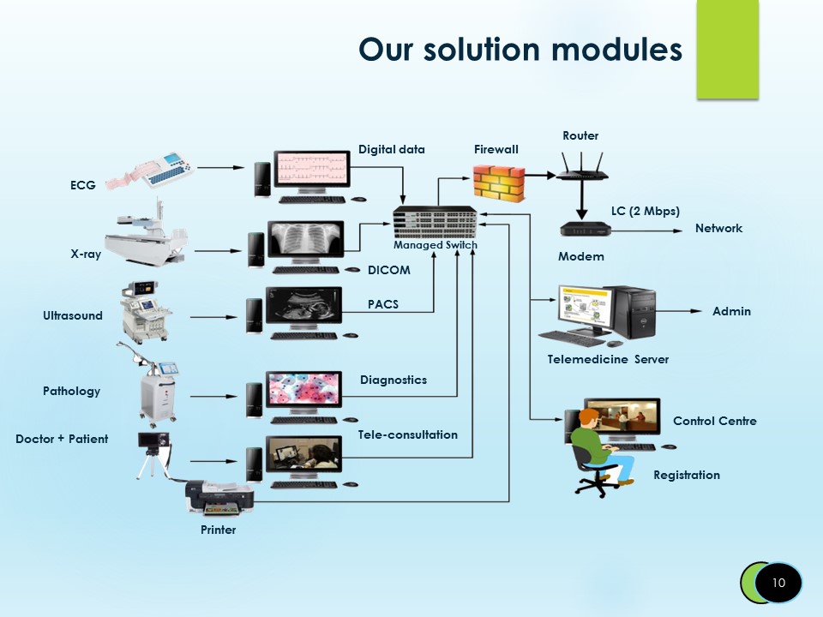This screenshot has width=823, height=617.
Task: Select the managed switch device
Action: tap(436, 222)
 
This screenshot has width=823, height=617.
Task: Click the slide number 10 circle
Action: tap(778, 583)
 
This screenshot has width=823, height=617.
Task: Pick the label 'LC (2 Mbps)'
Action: tap(645, 211)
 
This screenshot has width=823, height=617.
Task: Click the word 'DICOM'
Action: tap(388, 270)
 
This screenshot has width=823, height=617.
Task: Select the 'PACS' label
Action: tap(382, 304)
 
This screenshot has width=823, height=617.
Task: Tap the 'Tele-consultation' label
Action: tap(407, 434)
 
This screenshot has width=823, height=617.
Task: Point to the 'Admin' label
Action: tap(731, 311)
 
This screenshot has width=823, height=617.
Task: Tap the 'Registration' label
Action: tap(686, 475)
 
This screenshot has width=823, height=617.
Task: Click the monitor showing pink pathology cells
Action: tap(304, 390)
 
